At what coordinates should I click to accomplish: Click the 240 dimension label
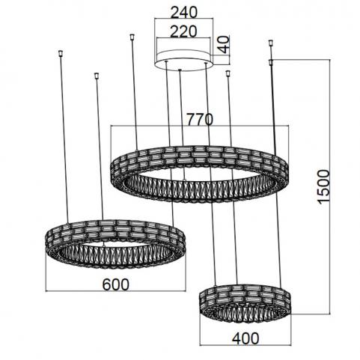(183, 12)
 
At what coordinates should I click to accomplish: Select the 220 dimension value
(183, 31)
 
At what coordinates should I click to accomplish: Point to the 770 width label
(200, 119)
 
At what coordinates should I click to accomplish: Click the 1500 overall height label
(324, 186)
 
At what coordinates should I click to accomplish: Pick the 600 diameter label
(116, 284)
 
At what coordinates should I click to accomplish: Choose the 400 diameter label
(245, 338)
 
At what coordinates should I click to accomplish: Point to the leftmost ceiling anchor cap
(60, 53)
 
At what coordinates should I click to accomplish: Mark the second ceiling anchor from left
(96, 76)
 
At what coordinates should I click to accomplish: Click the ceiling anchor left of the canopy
(132, 37)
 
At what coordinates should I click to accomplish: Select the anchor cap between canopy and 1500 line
(228, 73)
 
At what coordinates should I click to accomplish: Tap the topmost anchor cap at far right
(271, 43)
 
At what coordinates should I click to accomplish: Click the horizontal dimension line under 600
(116, 291)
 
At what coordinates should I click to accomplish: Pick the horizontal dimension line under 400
(245, 345)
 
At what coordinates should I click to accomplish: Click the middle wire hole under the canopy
(180, 70)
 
